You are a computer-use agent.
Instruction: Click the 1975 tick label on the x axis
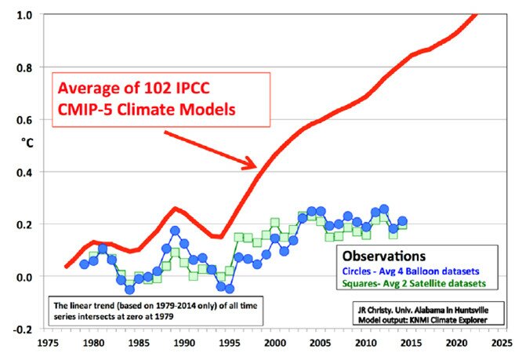pyautogui.click(x=48, y=343)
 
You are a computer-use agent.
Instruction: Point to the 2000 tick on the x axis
pyautogui.click(x=274, y=343)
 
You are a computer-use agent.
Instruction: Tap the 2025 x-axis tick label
pyautogui.click(x=499, y=343)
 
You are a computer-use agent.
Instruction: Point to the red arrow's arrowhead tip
pyautogui.click(x=257, y=167)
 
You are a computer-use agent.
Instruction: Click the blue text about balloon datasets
pyautogui.click(x=411, y=270)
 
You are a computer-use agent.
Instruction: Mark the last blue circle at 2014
pyautogui.click(x=402, y=222)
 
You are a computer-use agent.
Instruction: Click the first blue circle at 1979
pyautogui.click(x=84, y=264)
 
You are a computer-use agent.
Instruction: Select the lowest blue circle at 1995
pyautogui.click(x=230, y=289)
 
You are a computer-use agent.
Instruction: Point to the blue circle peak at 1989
pyautogui.click(x=175, y=231)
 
